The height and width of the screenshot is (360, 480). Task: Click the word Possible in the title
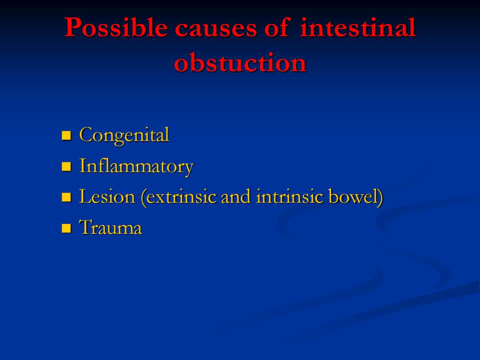(x=116, y=27)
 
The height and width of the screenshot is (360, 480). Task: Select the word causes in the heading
(x=216, y=29)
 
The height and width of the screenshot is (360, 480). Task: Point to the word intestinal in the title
(x=357, y=27)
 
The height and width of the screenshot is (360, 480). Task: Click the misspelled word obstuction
(x=240, y=63)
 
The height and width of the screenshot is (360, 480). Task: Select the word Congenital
(x=124, y=135)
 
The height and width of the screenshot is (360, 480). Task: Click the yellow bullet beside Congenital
(x=66, y=135)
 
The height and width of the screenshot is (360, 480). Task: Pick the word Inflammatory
(x=136, y=166)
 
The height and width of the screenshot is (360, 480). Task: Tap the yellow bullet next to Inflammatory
(x=66, y=167)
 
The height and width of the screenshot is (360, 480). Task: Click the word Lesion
(x=107, y=196)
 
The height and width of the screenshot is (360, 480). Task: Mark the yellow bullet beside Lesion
(x=66, y=197)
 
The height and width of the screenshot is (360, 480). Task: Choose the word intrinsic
(x=289, y=196)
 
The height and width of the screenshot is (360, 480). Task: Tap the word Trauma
(x=111, y=228)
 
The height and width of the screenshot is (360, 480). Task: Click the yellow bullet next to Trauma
(x=66, y=228)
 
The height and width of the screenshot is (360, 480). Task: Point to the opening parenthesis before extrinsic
(x=143, y=197)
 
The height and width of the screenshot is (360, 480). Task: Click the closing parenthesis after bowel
(x=380, y=197)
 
